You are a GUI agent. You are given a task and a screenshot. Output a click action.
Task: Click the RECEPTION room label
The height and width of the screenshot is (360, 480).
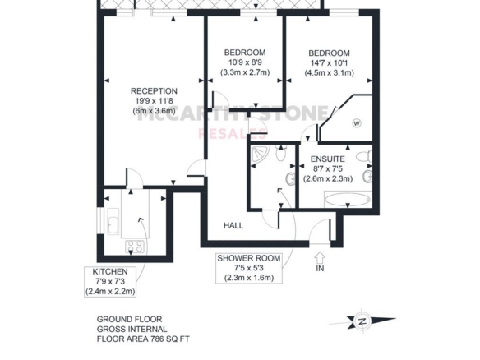click(x=154, y=91)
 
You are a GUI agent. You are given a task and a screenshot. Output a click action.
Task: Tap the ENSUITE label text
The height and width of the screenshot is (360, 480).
click(x=328, y=159)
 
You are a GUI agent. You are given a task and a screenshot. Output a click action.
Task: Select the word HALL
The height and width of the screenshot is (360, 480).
click(x=233, y=226)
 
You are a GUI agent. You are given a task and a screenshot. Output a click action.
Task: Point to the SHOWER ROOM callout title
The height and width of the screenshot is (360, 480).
click(x=249, y=258)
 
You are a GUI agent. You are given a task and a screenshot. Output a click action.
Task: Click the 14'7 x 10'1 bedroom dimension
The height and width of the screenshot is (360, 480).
click(x=329, y=63)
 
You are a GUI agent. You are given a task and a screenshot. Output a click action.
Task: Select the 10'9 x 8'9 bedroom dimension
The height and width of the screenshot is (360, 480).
click(x=245, y=62)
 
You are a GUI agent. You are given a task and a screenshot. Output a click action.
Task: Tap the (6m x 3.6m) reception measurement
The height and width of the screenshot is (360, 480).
click(x=154, y=111)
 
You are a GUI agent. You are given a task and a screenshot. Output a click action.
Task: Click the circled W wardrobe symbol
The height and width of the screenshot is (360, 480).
click(x=357, y=123)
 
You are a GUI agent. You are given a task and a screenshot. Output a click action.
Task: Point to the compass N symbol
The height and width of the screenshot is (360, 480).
click(x=362, y=321)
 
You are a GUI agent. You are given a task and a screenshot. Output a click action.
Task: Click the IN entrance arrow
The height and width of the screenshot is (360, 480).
click(x=320, y=257)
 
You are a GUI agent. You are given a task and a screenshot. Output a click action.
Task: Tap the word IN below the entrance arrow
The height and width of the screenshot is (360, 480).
click(x=320, y=269)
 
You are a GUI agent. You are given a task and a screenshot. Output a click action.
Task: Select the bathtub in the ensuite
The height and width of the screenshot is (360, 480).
click(x=348, y=200)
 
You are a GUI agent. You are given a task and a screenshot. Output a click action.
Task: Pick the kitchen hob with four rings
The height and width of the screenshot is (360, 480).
click(x=135, y=246)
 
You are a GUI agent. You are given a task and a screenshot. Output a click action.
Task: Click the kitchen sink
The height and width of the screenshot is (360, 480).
click(x=113, y=222)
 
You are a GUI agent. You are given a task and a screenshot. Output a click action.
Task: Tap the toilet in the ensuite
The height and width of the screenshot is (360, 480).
click(x=364, y=157)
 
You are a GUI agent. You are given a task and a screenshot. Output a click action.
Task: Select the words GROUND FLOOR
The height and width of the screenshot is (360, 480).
click(x=129, y=320)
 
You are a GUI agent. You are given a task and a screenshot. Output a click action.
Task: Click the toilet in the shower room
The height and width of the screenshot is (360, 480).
click(x=280, y=152)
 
